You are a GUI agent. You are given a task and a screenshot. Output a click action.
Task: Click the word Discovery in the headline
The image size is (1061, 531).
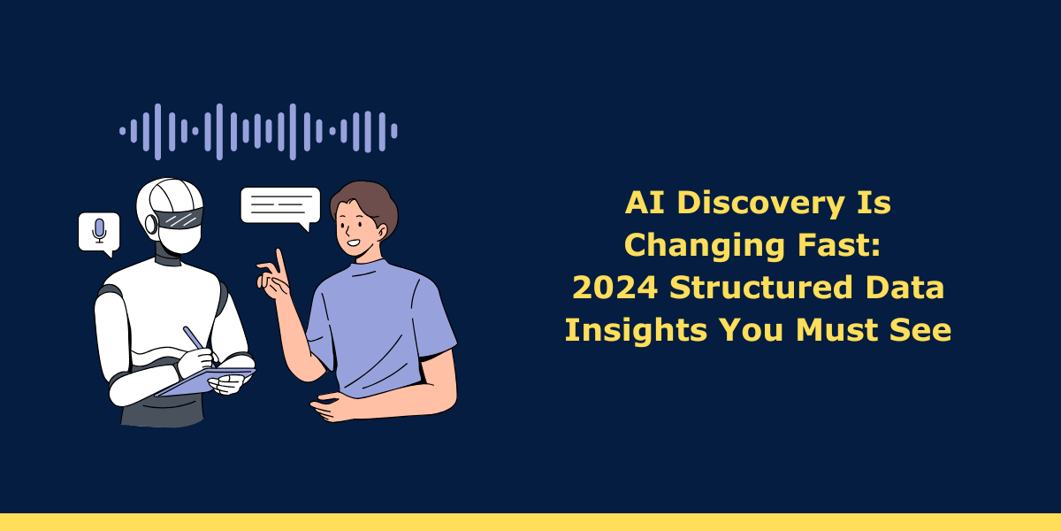point(760,203)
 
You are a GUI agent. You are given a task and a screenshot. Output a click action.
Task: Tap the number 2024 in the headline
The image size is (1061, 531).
point(614,288)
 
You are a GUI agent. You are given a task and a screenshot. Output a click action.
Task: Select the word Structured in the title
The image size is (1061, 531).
point(760,288)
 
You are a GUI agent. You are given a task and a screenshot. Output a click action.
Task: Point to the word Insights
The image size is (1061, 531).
point(636,330)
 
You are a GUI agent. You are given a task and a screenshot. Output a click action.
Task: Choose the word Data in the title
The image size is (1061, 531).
point(905,288)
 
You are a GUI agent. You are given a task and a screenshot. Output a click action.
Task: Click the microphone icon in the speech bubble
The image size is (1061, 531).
point(99,231)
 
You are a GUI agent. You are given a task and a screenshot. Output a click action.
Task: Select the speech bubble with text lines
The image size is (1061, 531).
point(280,207)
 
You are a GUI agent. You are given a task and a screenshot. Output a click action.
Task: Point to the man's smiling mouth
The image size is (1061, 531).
point(354,243)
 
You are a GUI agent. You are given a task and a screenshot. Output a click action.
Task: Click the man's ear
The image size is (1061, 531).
point(381,232)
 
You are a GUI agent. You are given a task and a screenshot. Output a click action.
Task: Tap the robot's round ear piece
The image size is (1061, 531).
point(151,224)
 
